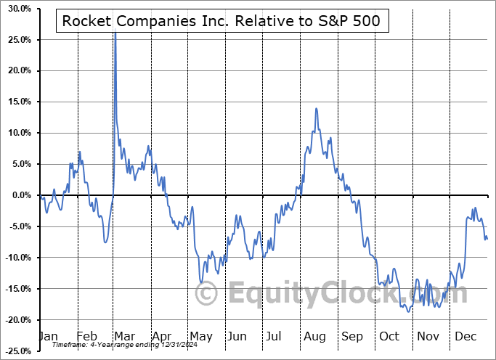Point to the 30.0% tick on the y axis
[x=16, y=9]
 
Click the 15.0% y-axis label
[x=16, y=102]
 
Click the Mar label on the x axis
[x=124, y=336]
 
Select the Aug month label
[x=314, y=336]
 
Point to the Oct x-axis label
[x=390, y=336]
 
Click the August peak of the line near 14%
[x=316, y=108]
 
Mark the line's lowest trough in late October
[x=410, y=311]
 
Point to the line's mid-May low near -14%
[x=201, y=282]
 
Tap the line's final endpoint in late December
[x=487, y=239]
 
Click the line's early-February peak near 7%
[x=79, y=152]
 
